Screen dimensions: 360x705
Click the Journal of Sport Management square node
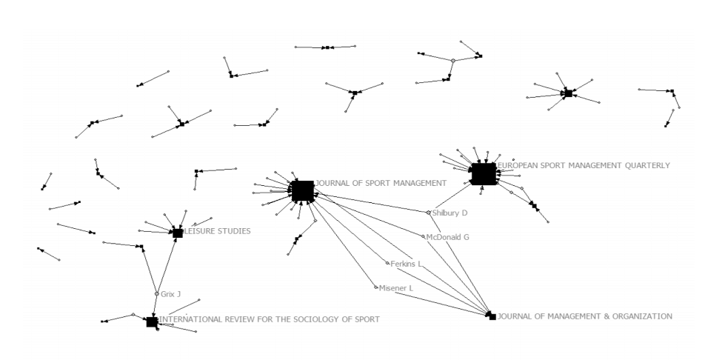point(302,191)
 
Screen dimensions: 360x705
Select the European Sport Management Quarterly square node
point(484,174)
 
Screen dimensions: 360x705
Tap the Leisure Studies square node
point(178,233)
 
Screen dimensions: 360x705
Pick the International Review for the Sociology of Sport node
point(152,321)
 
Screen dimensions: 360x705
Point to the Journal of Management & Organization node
point(492,316)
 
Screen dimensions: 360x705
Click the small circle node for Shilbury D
point(428,213)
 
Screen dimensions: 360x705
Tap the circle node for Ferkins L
point(387,263)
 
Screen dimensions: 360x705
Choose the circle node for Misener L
point(376,287)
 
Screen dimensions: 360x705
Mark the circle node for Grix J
point(156,294)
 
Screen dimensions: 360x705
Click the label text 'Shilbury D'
point(450,213)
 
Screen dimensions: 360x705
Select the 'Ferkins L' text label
point(407,264)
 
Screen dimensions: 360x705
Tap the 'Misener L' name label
point(396,288)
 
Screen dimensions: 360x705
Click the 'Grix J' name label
point(171,294)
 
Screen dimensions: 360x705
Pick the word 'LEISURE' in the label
point(200,231)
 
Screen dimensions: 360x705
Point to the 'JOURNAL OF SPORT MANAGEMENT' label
point(381,182)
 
